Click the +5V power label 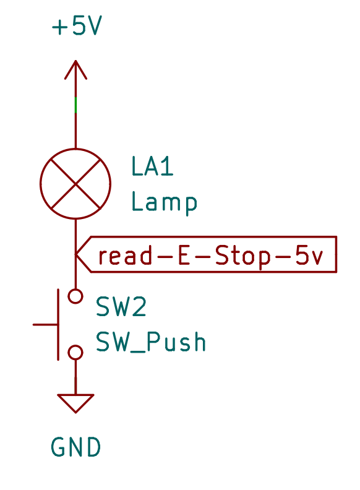click(x=75, y=27)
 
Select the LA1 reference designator click(x=152, y=166)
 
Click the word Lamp click(x=164, y=202)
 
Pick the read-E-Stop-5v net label click(x=210, y=254)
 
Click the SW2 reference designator click(x=121, y=307)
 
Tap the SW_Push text click(x=151, y=342)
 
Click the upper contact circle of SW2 click(x=75, y=296)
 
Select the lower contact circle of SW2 click(x=75, y=352)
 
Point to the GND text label click(x=75, y=447)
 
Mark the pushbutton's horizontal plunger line click(x=45, y=324)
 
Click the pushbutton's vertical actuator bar click(x=59, y=324)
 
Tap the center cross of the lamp click(x=75, y=184)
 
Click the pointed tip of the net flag click(x=77, y=254)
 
